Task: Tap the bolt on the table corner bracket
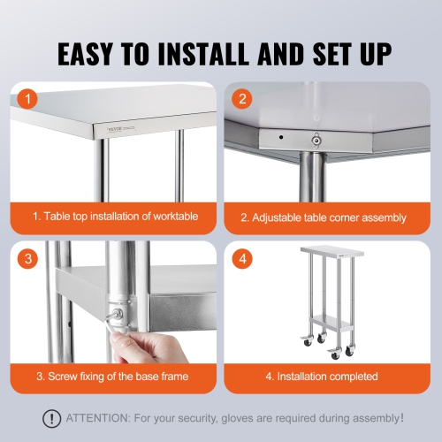(x=316, y=137)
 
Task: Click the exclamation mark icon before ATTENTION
(x=53, y=418)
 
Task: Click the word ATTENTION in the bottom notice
(x=96, y=418)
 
